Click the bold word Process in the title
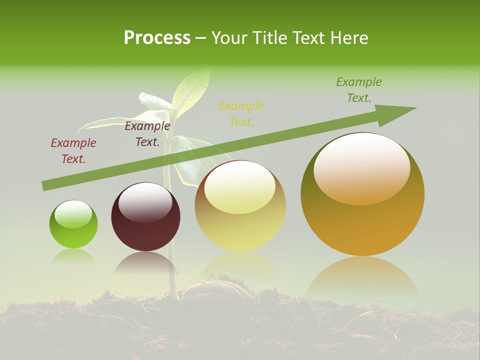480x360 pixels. click(157, 38)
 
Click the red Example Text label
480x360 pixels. click(73, 151)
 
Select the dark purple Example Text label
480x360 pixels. click(147, 134)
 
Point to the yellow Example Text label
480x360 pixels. click(241, 113)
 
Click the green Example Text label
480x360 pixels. click(359, 90)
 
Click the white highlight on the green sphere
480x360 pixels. click(73, 214)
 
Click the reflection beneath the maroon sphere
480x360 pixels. click(145, 263)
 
